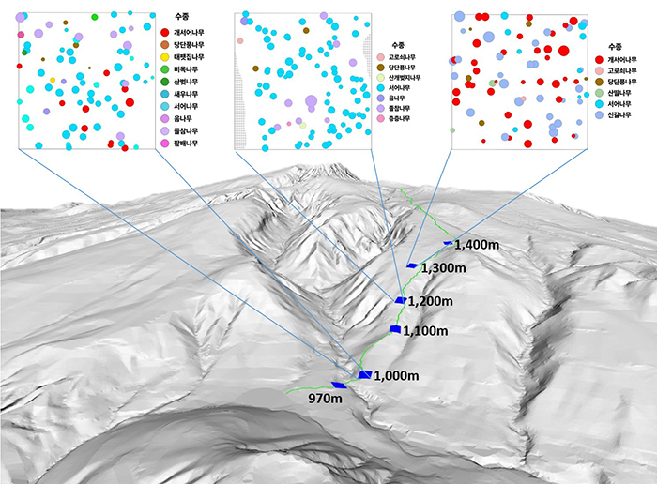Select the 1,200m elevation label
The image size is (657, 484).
431,301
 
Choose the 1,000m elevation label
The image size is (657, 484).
395,376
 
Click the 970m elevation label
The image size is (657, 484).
324,398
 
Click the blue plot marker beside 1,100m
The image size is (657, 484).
394,329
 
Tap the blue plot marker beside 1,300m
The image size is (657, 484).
412,266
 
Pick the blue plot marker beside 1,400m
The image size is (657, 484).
447,243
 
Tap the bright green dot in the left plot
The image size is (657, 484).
95,17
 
